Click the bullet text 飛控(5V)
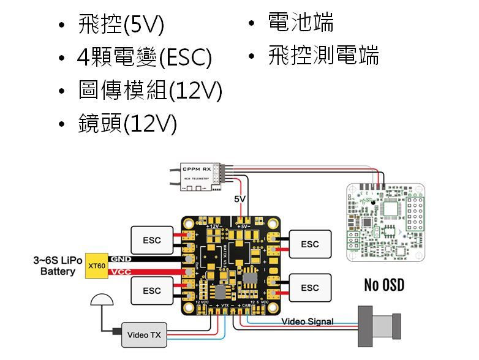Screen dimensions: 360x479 click(x=121, y=26)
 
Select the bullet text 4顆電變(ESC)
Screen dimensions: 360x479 click(x=145, y=59)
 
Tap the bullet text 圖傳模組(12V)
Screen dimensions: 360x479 click(x=149, y=92)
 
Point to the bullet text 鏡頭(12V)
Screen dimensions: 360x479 click(x=127, y=124)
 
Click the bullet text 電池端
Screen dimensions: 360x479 click(x=301, y=24)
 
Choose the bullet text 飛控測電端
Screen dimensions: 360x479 click(x=323, y=56)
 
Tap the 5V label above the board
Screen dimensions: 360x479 click(x=240, y=200)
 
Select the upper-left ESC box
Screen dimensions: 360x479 click(x=152, y=240)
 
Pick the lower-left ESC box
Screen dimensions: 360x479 click(x=152, y=290)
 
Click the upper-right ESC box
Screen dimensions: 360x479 click(x=310, y=244)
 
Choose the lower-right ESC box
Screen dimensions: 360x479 click(x=310, y=287)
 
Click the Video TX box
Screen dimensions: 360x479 click(x=144, y=335)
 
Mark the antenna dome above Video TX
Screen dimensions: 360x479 click(x=101, y=300)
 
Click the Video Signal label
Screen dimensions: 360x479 click(x=307, y=321)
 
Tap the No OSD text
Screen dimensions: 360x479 click(x=384, y=285)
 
